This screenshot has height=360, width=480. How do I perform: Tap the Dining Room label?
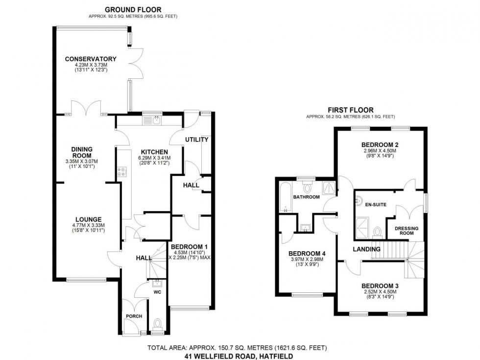click(x=82, y=152)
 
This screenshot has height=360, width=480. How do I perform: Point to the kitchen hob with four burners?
click(x=121, y=172)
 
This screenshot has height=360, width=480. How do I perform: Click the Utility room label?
click(x=196, y=140)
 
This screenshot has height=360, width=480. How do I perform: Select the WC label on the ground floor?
click(x=158, y=292)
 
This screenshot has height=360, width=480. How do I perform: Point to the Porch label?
click(x=134, y=316)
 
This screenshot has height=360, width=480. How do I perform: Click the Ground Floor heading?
click(x=133, y=9)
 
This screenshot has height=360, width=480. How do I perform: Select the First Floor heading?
click(x=350, y=110)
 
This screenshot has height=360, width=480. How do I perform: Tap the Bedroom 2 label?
click(x=380, y=144)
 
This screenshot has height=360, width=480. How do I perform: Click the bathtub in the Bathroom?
click(x=285, y=197)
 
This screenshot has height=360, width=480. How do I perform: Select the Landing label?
click(x=367, y=249)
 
